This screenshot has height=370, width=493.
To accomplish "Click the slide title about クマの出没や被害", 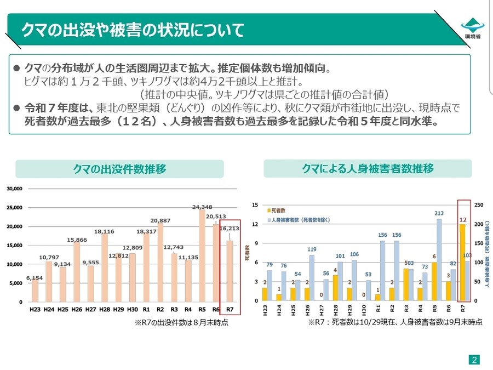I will click(132, 30).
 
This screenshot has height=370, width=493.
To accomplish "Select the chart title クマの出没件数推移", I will click(119, 169).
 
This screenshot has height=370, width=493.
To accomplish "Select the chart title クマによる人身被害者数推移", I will click(368, 168).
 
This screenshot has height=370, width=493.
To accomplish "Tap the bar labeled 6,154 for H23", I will click(35, 290).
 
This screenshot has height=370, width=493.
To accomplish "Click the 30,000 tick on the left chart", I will click(14, 189).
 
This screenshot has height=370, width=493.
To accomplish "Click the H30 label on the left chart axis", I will click(132, 309).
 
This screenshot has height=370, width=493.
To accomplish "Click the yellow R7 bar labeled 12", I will click(462, 262).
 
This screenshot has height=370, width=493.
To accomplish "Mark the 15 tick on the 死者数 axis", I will click(255, 205).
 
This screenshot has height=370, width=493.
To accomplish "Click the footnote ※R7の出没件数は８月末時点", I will click(181, 323).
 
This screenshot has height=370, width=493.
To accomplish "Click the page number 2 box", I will click(474, 360).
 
